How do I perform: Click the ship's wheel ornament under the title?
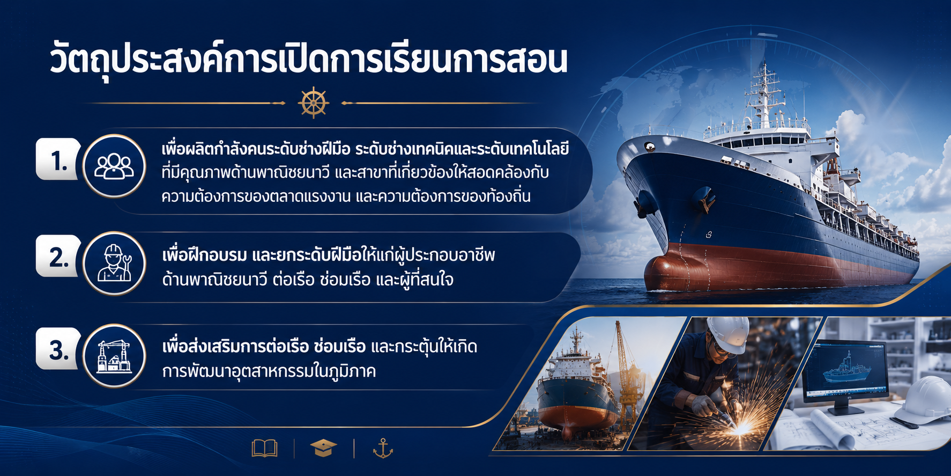[x=313, y=102]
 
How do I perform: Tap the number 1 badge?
[x=58, y=159]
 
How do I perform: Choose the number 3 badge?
[x=58, y=349]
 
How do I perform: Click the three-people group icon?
[x=114, y=166]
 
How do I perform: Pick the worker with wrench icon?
[x=114, y=263]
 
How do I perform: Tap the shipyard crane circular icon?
[x=114, y=355]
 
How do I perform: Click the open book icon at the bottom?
[x=265, y=448]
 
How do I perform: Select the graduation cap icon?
[x=323, y=448]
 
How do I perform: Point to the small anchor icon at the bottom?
[x=383, y=448]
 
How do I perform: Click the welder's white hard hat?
[x=727, y=334]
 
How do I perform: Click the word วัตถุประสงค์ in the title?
[x=130, y=61]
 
